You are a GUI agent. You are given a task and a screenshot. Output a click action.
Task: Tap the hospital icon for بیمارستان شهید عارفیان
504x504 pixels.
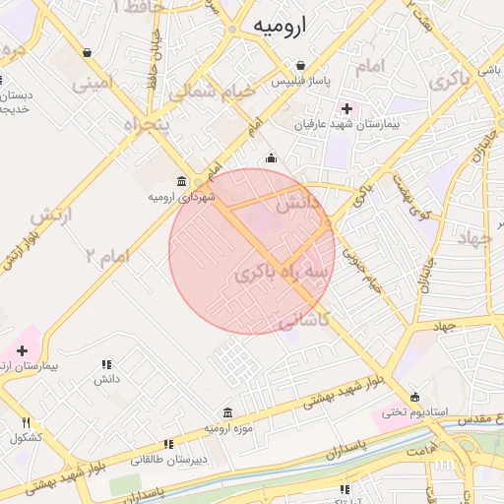point(346,107)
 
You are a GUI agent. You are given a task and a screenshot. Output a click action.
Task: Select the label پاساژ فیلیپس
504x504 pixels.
point(301,80)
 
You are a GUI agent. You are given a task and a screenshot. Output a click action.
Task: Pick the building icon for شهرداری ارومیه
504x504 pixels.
point(181,181)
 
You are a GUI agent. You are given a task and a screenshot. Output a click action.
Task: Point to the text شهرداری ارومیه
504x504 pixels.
point(181,197)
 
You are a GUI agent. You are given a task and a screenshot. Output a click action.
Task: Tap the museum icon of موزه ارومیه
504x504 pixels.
point(228,412)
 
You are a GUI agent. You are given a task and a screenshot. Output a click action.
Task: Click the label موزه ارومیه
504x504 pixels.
point(228,429)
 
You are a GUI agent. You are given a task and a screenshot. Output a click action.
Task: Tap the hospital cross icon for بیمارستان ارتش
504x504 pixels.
point(22,350)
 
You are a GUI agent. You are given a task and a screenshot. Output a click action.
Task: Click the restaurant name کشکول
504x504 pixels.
point(26,438)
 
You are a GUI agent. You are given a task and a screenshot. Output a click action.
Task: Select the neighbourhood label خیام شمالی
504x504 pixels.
point(211,92)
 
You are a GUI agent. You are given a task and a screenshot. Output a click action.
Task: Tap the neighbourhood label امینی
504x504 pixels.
point(93,83)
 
